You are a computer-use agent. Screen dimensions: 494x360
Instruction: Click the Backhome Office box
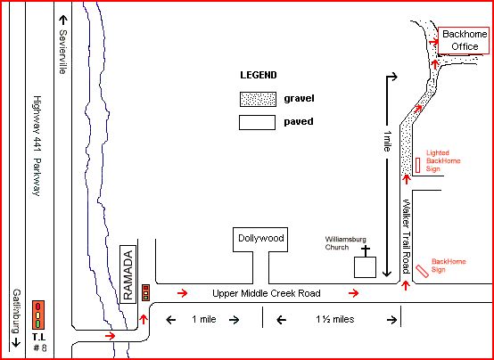click(x=464, y=41)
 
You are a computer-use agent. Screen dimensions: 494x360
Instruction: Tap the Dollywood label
click(x=261, y=238)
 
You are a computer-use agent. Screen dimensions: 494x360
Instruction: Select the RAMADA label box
click(x=128, y=274)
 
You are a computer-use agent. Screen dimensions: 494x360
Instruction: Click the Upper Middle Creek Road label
click(x=267, y=293)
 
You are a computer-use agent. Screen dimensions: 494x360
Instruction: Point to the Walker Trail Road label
click(x=406, y=236)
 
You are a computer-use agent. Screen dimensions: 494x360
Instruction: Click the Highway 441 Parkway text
click(x=37, y=146)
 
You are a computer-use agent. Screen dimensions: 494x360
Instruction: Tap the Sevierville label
click(x=63, y=52)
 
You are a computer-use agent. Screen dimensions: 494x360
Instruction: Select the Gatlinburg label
click(x=16, y=311)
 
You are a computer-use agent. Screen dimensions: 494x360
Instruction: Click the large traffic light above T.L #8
click(x=38, y=315)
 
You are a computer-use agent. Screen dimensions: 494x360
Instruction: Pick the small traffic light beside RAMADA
click(x=145, y=292)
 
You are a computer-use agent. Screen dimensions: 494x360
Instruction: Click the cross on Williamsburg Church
click(x=365, y=251)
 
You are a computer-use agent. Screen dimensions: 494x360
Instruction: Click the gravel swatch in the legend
click(x=258, y=99)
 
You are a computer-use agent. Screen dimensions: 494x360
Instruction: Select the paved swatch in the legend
click(x=257, y=122)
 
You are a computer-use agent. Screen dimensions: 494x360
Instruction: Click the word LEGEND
click(x=259, y=75)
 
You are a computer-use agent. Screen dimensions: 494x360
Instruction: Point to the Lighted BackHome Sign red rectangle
click(x=417, y=166)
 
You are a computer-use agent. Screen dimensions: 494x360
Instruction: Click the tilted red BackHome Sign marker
click(x=422, y=271)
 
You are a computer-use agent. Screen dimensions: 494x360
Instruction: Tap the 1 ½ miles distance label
click(x=335, y=319)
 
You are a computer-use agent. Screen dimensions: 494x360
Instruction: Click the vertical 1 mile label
click(x=386, y=142)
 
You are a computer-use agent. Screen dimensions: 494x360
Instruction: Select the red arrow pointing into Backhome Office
click(x=434, y=42)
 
